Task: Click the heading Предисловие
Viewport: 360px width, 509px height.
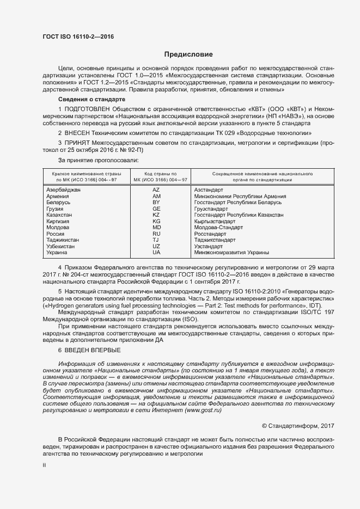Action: click(188, 54)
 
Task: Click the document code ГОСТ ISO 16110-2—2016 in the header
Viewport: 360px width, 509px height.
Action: click(78, 37)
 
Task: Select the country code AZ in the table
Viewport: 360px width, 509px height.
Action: click(156, 189)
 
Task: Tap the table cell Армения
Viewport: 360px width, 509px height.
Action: click(58, 196)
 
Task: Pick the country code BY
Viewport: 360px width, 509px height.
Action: click(156, 202)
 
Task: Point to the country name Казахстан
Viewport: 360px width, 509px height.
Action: click(60, 215)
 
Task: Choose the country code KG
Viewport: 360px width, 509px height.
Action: click(156, 221)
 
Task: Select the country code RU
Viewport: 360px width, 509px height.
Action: click(156, 234)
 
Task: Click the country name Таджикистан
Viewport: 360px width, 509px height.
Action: click(63, 240)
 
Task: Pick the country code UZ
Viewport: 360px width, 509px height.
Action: click(156, 246)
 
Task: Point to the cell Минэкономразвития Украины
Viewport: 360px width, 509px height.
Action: click(231, 253)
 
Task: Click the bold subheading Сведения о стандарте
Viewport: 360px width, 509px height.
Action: click(91, 100)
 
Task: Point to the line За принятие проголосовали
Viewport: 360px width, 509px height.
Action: click(98, 160)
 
